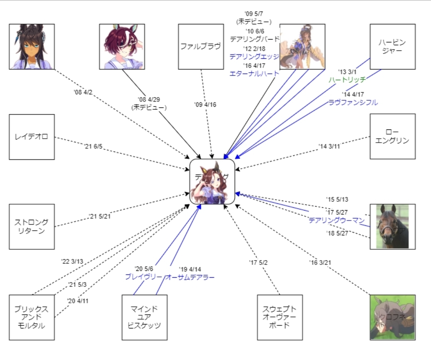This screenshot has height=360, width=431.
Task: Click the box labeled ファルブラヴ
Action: pos(201,46)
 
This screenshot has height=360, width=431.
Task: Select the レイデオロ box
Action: pos(32,137)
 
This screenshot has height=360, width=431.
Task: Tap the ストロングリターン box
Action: pos(32,227)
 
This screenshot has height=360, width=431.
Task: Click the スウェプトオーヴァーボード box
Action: pos(280,317)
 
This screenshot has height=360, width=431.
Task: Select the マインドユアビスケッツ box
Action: pos(145,317)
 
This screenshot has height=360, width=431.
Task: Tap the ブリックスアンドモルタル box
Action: pos(32,317)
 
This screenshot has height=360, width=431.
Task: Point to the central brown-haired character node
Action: pos(212,181)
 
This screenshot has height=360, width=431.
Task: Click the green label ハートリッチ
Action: pos(347,80)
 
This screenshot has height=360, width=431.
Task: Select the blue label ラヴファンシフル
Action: pos(353,102)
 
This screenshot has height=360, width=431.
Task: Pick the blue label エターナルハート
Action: pos(254,74)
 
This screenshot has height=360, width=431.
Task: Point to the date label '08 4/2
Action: pos(83,93)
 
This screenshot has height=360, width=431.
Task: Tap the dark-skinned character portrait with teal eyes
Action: pos(32,46)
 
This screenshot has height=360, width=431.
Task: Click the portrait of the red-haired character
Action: pos(122,46)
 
